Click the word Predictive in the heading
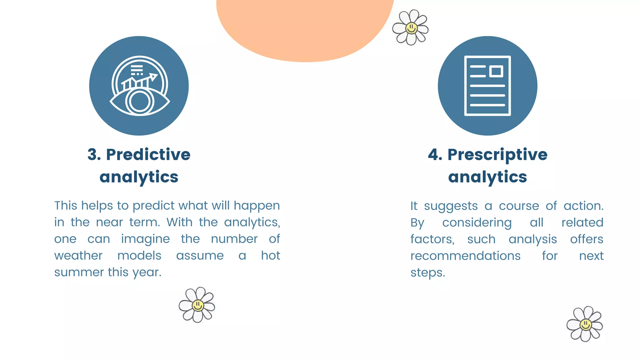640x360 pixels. pyautogui.click(x=148, y=155)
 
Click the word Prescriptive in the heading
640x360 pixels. pyautogui.click(x=497, y=155)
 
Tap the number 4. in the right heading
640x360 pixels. pyautogui.click(x=435, y=155)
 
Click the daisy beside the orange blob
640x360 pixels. pyautogui.click(x=411, y=28)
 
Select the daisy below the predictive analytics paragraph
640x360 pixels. pyautogui.click(x=197, y=305)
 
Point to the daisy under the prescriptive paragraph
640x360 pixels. pyautogui.click(x=585, y=324)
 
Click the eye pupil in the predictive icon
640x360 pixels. pyautogui.click(x=139, y=102)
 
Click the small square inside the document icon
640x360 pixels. pyautogui.click(x=496, y=71)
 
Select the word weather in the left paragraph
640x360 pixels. pyautogui.click(x=78, y=256)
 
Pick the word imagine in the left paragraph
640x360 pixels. pyautogui.click(x=145, y=239)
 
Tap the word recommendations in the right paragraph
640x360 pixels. pyautogui.click(x=465, y=256)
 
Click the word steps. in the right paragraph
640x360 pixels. pyautogui.click(x=427, y=273)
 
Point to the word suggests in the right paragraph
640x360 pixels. pyautogui.click(x=451, y=206)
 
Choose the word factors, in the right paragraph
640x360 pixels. pyautogui.click(x=432, y=239)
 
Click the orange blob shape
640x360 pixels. pyautogui.click(x=305, y=28)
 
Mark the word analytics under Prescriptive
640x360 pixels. pyautogui.click(x=487, y=177)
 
